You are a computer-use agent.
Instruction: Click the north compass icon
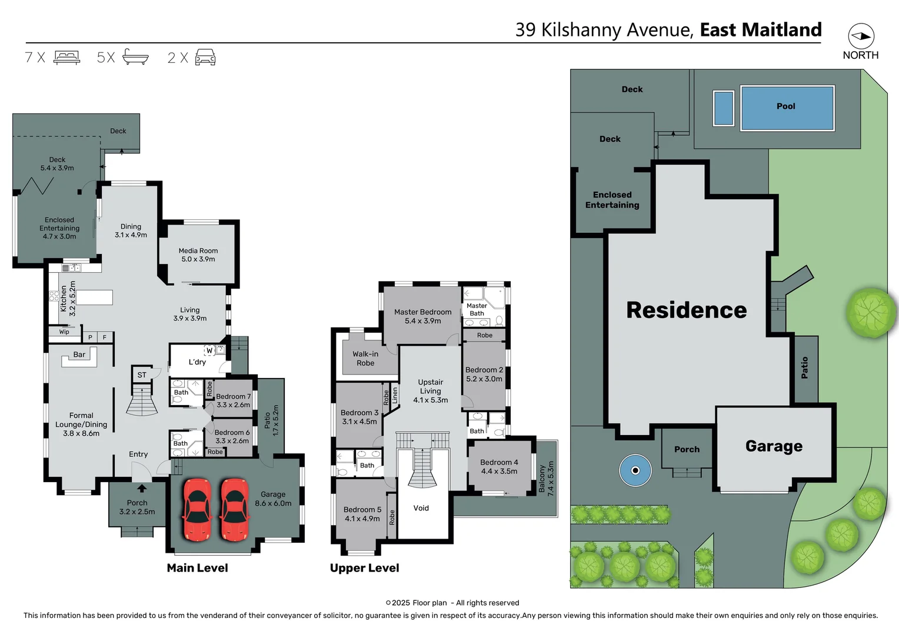click(861, 36)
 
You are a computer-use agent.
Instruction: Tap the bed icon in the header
click(66, 57)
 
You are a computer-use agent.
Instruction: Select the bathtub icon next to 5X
click(135, 57)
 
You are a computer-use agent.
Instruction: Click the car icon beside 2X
click(205, 57)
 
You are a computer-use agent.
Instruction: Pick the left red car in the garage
click(197, 509)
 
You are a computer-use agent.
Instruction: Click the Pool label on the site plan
click(785, 106)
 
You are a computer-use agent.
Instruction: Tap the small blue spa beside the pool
click(723, 108)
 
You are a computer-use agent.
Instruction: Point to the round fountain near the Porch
click(635, 470)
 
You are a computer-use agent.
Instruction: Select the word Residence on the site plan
click(686, 310)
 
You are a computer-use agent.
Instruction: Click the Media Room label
click(198, 255)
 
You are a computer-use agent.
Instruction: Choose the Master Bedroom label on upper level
click(422, 316)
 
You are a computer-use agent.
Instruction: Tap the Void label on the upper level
click(421, 508)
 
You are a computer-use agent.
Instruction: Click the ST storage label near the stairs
click(142, 375)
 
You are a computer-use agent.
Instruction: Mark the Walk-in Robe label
click(365, 359)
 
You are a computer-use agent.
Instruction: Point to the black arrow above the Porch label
click(142, 488)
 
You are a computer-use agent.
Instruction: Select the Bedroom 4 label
click(499, 466)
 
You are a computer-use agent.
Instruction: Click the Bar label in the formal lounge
click(79, 355)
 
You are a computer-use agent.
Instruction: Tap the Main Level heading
click(197, 568)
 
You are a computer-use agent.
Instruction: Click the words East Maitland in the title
click(760, 29)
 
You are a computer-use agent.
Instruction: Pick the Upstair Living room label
click(430, 391)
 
